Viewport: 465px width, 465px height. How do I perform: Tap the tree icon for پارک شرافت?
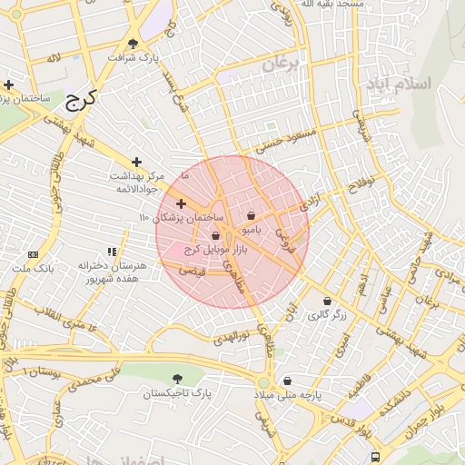(x=134, y=43)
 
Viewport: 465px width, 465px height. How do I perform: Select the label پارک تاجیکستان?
(x=176, y=393)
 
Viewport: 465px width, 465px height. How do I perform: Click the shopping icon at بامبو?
(x=251, y=216)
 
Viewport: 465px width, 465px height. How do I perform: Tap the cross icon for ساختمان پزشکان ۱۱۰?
(x=181, y=203)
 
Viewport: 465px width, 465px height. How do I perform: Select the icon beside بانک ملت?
(x=33, y=255)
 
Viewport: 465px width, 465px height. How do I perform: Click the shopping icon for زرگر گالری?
(x=327, y=302)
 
